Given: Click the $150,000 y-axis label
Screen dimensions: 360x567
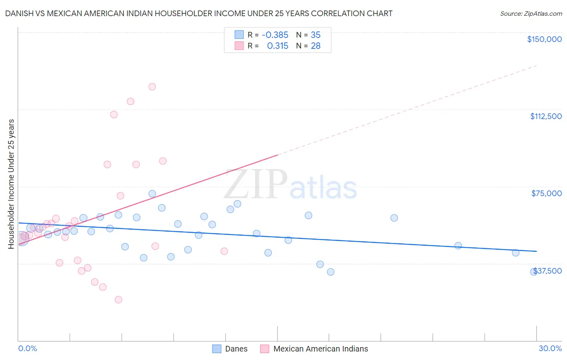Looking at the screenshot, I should (x=544, y=39).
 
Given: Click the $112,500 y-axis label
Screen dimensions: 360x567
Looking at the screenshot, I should (x=546, y=116).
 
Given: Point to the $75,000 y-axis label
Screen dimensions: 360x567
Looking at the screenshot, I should (x=546, y=193).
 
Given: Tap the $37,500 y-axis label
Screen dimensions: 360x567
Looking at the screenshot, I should (x=548, y=271).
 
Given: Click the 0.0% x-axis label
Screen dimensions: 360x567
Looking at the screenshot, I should (x=27, y=349).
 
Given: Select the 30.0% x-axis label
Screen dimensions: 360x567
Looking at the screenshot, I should (x=550, y=349).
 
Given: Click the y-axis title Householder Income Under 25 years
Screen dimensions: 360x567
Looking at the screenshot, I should (x=11, y=184).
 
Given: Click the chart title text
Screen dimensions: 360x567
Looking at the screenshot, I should (x=199, y=13).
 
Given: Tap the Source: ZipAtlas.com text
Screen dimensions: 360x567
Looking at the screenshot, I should (x=531, y=14).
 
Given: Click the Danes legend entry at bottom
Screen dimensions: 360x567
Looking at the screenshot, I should (x=230, y=349).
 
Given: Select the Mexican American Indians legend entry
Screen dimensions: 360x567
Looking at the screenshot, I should (x=315, y=349).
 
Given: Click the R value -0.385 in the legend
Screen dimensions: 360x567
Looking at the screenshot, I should (x=275, y=35).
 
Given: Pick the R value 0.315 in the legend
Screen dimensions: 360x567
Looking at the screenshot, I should (x=277, y=46).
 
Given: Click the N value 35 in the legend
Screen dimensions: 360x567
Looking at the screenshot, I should (x=315, y=35).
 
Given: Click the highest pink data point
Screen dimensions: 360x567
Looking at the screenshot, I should (x=152, y=87).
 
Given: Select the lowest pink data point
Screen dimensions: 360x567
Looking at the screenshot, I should (x=118, y=299).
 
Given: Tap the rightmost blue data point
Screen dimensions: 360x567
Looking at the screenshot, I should (x=534, y=272).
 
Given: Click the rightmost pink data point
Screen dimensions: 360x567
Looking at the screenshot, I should (x=224, y=251).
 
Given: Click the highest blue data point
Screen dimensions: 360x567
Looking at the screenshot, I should (x=152, y=194).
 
